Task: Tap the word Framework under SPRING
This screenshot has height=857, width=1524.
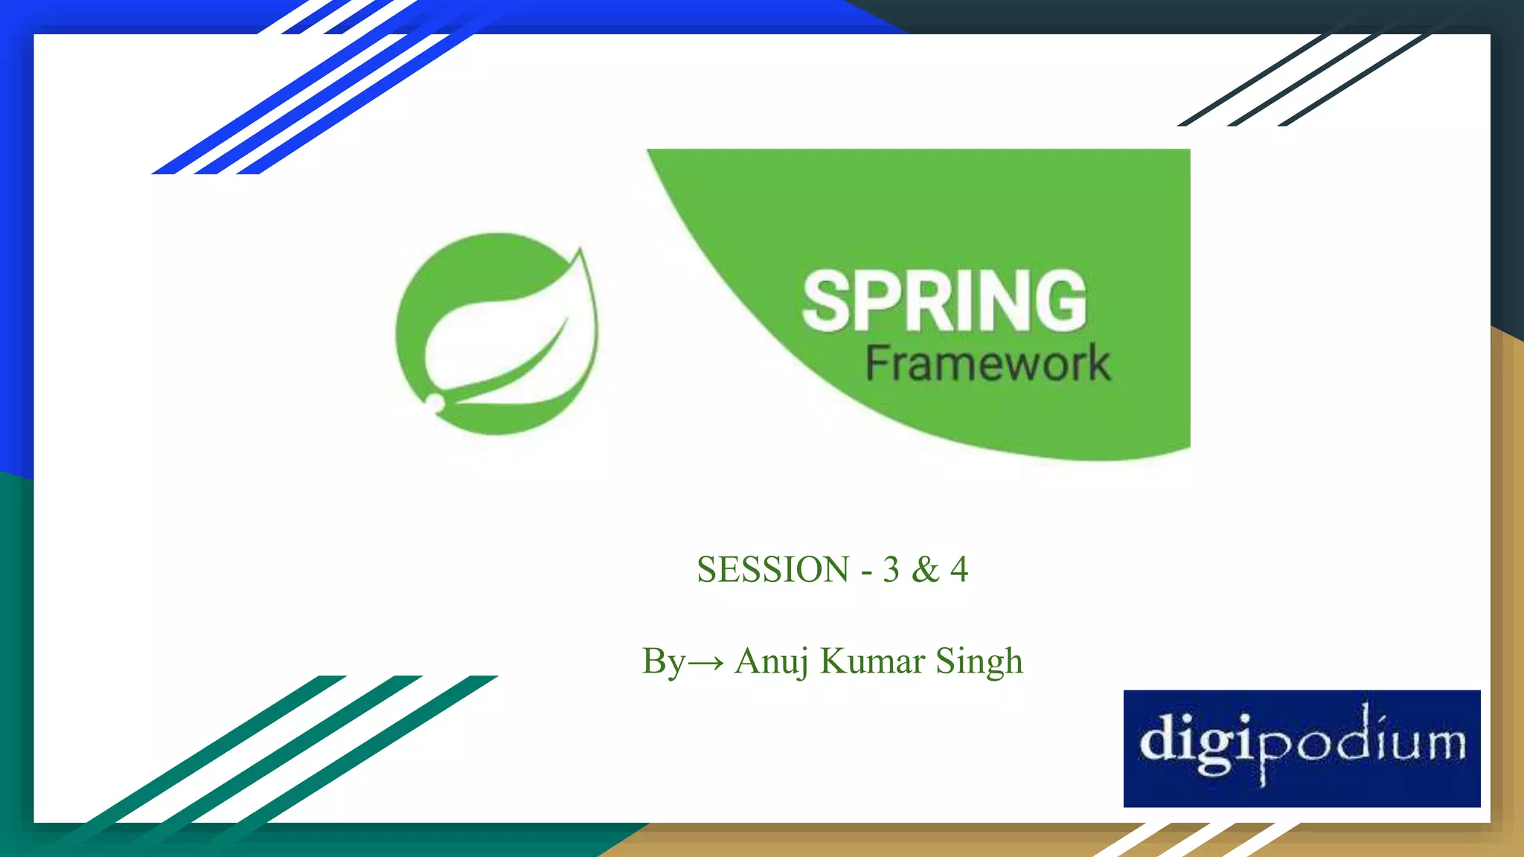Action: [x=987, y=364]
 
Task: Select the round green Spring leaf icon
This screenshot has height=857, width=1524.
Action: [x=496, y=334]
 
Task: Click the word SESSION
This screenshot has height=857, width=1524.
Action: [x=772, y=570]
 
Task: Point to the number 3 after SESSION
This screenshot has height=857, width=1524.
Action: [x=891, y=570]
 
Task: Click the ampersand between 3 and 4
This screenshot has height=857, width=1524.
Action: [x=925, y=570]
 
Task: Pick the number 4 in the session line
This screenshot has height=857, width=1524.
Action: [x=959, y=570]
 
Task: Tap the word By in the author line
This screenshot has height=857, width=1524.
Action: [x=662, y=661]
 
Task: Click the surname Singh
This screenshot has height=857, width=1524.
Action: [x=979, y=661]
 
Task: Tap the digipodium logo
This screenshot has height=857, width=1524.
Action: [x=1302, y=748]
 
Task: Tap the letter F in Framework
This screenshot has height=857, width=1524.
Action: [x=877, y=364]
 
